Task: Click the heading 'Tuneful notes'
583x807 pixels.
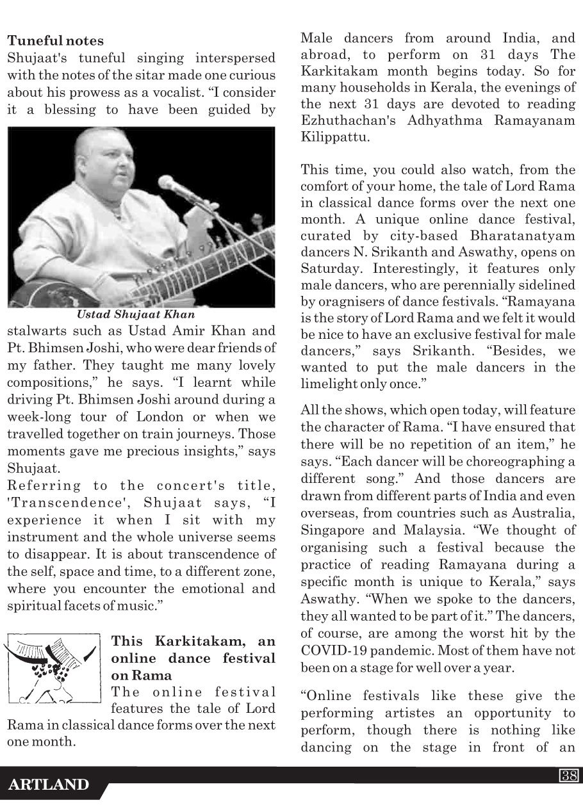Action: (55, 41)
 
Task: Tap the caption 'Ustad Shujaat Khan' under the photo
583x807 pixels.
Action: (136, 314)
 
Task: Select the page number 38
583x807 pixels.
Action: (568, 776)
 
